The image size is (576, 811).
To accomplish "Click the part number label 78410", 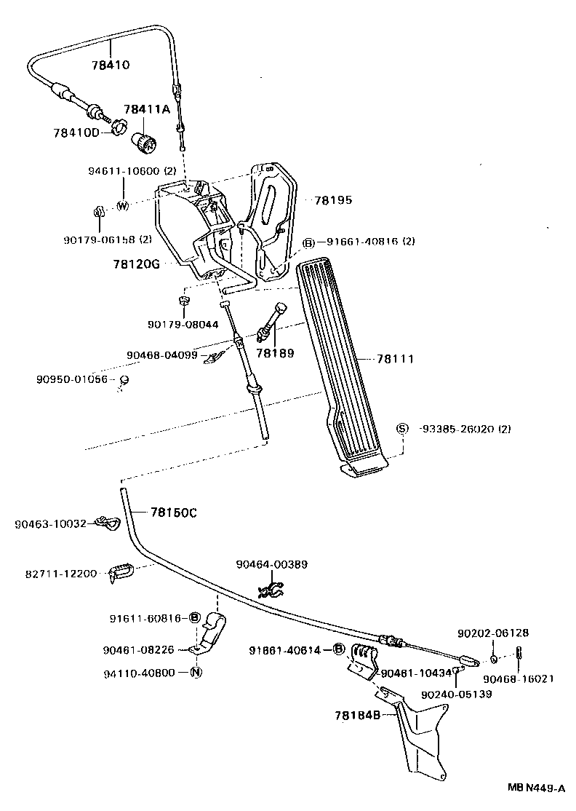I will (111, 65).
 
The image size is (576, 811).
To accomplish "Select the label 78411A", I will (145, 109).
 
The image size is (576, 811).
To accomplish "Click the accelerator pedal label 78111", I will (396, 359).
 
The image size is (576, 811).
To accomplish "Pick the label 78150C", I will (173, 513).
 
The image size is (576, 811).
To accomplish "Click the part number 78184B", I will (358, 716).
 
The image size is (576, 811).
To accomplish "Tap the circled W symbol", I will (122, 205).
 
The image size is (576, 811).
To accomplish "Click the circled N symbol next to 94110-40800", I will (196, 673).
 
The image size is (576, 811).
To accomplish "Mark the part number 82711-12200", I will (60, 574).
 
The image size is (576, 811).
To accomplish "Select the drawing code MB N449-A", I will (536, 788).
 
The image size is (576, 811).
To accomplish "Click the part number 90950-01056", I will (71, 379).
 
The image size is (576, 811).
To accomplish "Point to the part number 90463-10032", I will (50, 523).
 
